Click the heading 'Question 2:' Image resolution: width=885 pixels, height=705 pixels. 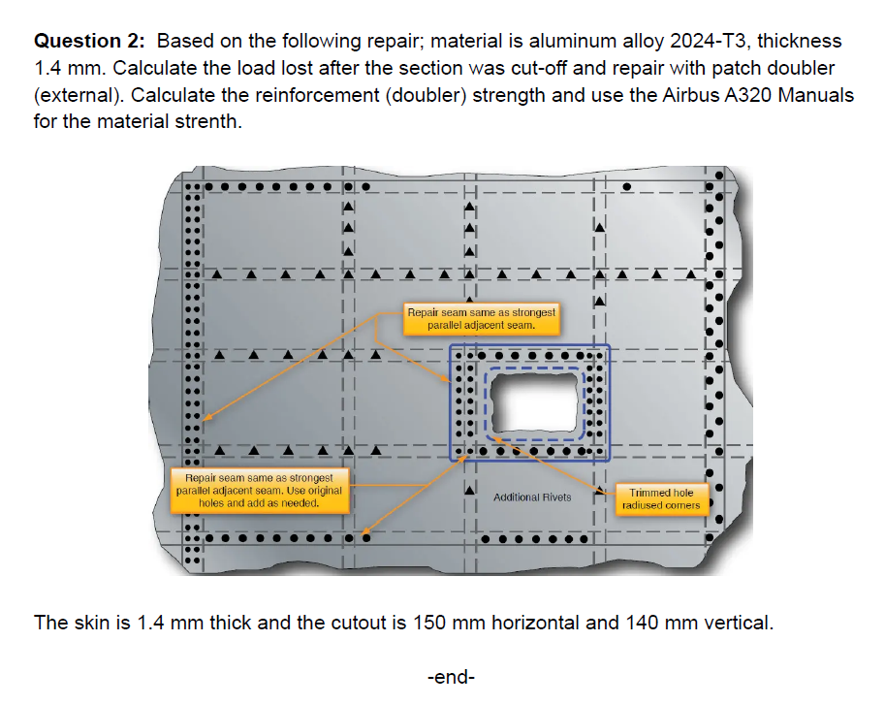(91, 42)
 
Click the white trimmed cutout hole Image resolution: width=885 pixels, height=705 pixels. (534, 402)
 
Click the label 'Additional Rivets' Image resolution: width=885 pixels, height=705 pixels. (532, 497)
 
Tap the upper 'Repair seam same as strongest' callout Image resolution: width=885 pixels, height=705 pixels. (481, 319)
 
